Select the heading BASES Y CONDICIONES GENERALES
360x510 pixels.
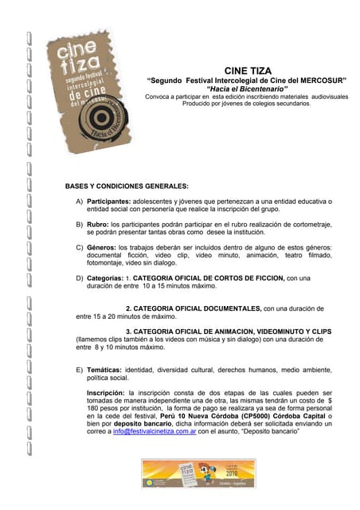pyautogui.click(x=127, y=186)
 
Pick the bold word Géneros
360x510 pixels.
pyautogui.click(x=101, y=247)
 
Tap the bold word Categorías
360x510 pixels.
pyautogui.click(x=106, y=278)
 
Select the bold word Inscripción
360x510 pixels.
pyautogui.click(x=106, y=393)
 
